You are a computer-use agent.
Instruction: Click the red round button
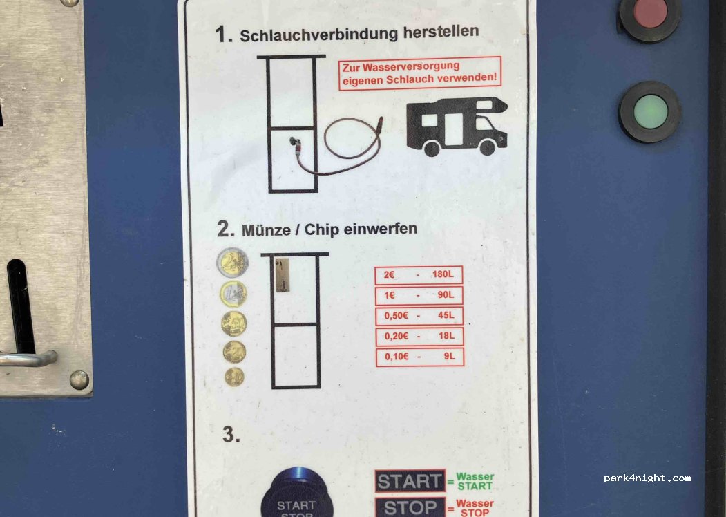[650, 13]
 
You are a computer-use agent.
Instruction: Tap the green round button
[650, 112]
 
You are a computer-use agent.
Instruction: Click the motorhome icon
[457, 126]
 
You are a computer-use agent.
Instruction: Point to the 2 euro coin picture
[232, 263]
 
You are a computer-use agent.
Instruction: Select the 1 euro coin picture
[233, 294]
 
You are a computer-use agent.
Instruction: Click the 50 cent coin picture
[233, 324]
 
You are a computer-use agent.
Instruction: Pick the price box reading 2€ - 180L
[419, 274]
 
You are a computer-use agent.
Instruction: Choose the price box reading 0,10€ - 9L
[419, 357]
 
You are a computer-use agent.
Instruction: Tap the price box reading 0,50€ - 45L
[419, 315]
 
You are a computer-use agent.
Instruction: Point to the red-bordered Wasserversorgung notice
[420, 73]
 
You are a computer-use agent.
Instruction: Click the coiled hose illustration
[338, 145]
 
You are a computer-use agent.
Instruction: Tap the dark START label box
[410, 481]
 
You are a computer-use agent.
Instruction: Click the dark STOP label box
[410, 508]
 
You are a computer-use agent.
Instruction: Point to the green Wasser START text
[475, 481]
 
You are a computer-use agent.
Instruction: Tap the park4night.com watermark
[647, 478]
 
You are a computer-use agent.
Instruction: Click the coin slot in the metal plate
[20, 306]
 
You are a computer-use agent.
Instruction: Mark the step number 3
[231, 435]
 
